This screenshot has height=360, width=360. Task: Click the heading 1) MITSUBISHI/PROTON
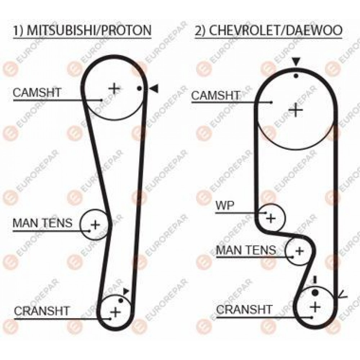[82, 30]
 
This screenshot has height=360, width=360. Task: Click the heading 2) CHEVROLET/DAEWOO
[269, 30]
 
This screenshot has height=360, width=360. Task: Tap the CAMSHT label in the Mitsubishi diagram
[37, 93]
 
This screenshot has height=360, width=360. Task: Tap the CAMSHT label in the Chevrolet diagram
[215, 95]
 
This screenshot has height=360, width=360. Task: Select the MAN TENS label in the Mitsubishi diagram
[42, 223]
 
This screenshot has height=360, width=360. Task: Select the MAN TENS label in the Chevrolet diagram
[246, 250]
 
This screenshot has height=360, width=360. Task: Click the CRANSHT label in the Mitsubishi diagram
[41, 311]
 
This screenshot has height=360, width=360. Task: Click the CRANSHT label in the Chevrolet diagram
[244, 310]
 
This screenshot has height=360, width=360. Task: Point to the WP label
[225, 206]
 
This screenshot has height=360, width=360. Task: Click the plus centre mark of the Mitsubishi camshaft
[114, 89]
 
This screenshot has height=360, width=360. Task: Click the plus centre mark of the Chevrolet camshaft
[296, 110]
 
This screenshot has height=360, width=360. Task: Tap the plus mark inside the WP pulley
[271, 218]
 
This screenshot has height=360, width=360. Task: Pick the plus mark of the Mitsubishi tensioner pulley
[95, 225]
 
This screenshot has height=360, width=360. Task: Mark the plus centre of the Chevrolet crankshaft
[315, 307]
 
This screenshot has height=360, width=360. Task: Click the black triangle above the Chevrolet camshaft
[296, 62]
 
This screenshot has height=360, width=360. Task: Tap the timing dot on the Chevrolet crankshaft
[315, 292]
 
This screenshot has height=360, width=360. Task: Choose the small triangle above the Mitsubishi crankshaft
[126, 291]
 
